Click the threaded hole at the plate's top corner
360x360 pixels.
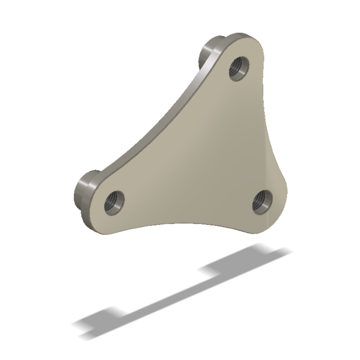coord(239,67)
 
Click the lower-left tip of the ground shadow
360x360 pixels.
coord(77,324)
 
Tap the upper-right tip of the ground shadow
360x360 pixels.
coord(288,251)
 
